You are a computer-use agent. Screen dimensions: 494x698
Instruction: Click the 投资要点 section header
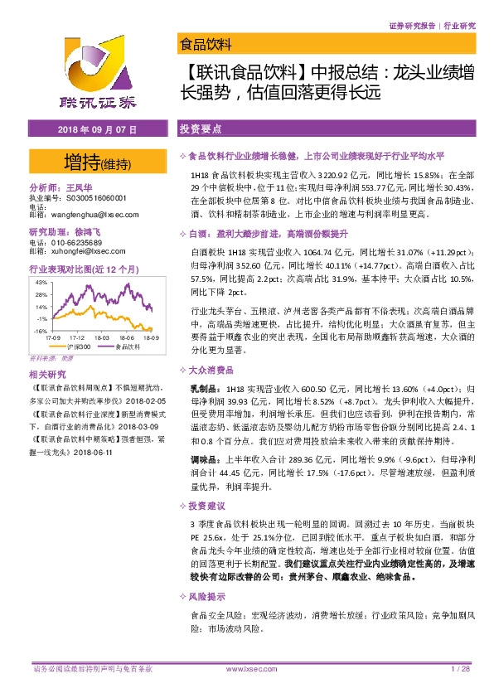pos(199,131)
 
